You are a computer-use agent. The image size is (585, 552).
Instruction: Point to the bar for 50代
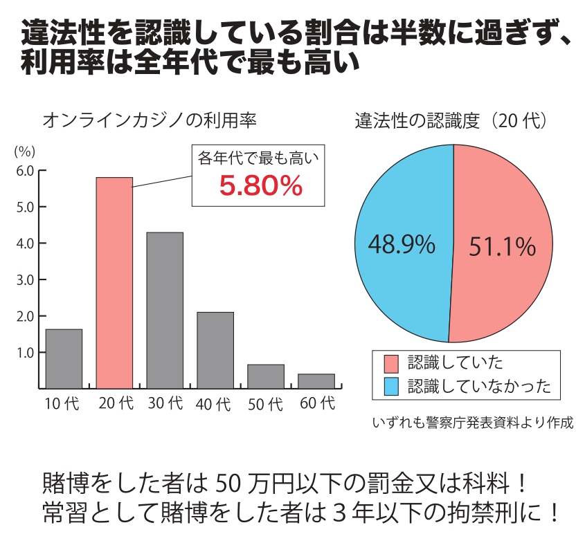(x=266, y=376)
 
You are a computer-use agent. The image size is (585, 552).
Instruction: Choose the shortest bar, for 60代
(x=316, y=380)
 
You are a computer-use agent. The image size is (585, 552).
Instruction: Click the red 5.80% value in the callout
(x=261, y=186)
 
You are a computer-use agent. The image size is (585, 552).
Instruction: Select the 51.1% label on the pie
(x=502, y=246)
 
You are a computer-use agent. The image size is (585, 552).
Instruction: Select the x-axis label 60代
(x=317, y=403)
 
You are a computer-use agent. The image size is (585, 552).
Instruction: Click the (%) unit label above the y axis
(x=24, y=150)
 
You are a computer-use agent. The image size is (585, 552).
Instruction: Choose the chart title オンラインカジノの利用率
(x=150, y=120)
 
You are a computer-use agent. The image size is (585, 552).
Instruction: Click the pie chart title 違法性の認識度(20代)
(x=453, y=120)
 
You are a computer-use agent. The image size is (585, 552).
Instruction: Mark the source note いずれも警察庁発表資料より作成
(x=473, y=422)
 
